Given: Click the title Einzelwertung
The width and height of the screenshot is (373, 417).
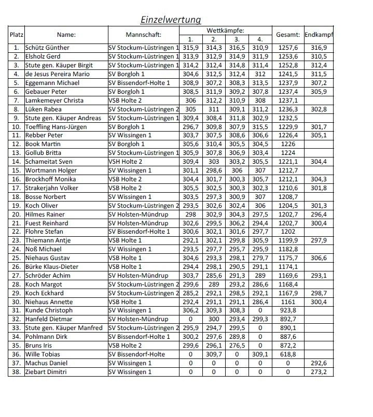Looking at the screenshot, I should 171,20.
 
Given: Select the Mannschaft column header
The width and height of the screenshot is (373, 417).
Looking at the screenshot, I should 144,35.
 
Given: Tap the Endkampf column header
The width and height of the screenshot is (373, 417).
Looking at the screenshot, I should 319,35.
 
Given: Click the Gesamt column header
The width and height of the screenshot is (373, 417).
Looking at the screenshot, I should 288,35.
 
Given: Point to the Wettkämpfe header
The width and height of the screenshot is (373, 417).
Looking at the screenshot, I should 226,31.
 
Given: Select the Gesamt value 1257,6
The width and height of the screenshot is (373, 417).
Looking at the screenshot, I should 288,48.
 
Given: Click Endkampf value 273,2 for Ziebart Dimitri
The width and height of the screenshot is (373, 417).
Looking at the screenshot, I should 319,372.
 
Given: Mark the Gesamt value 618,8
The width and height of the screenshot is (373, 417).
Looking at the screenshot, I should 288,354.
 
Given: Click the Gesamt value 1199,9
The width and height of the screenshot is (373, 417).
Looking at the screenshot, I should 288,240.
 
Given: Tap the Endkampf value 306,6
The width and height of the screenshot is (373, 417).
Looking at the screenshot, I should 319,258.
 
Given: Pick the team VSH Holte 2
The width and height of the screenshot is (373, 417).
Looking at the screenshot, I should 127,162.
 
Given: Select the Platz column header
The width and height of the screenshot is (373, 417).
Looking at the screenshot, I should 16,35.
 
